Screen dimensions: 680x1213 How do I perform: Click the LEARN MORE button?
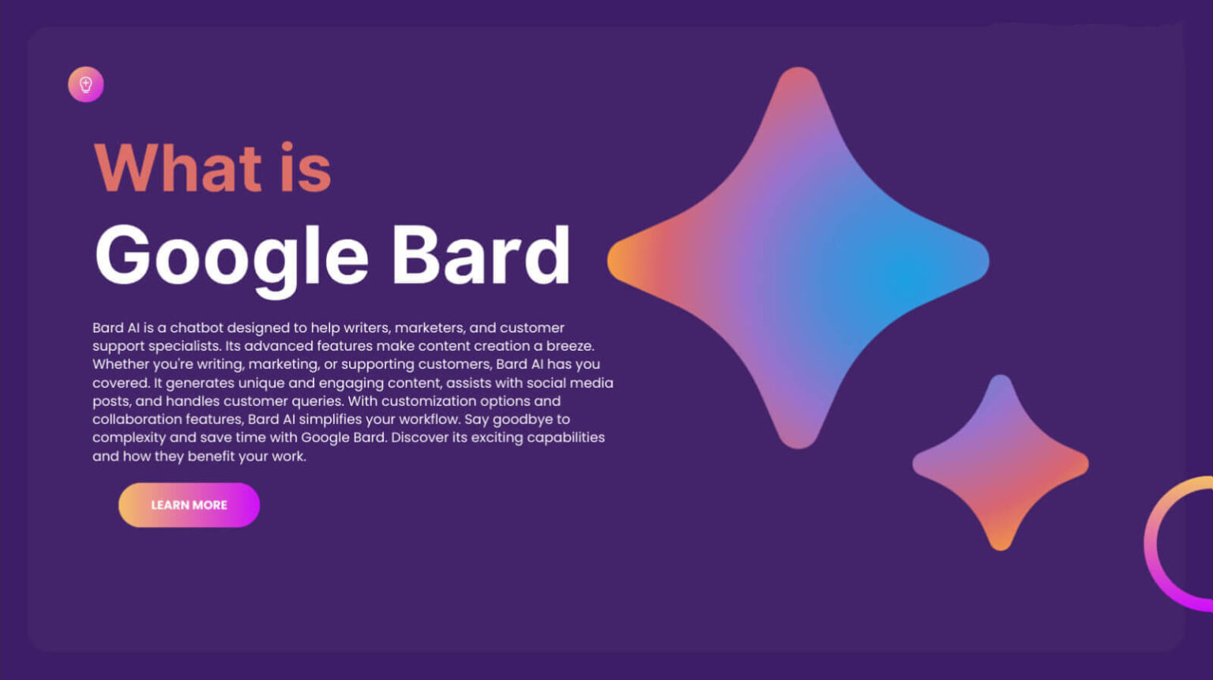[x=189, y=505]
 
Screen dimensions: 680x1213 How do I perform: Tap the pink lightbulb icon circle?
[x=85, y=85]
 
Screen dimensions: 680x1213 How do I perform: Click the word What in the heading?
[x=178, y=168]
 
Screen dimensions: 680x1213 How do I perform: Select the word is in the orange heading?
[x=306, y=168]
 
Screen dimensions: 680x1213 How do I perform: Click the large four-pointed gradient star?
[x=798, y=261]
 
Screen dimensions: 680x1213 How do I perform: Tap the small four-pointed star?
[x=1001, y=463]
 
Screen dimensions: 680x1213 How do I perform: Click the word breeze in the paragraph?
[x=569, y=346]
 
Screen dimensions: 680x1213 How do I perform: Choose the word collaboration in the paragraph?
[x=137, y=419]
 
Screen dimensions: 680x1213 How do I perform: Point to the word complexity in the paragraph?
[x=128, y=438]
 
